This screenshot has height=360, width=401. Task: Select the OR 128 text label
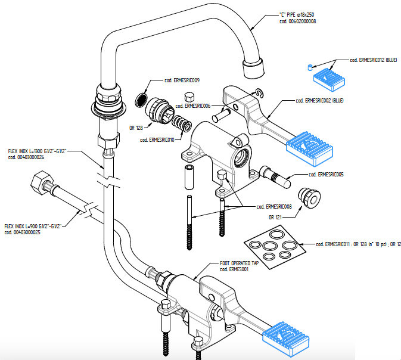point(136,128)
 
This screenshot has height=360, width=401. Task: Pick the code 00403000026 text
point(26,157)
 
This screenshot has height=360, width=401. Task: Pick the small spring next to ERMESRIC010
point(181,126)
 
